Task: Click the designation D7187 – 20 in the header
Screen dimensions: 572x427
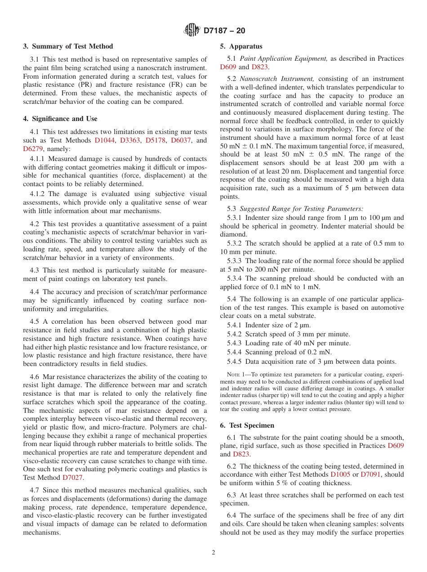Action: tap(224, 31)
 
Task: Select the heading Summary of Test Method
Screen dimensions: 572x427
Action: tap(68, 46)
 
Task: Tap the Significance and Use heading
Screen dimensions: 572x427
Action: tap(60, 119)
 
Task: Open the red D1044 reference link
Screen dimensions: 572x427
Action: tap(104, 140)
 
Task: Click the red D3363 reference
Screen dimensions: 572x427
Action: tap(130, 140)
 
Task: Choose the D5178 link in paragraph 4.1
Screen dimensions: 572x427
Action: tap(156, 140)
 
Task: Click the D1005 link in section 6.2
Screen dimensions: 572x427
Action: tap(340, 474)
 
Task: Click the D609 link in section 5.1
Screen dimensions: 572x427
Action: tap(228, 67)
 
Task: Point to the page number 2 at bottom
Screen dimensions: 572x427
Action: tap(213, 553)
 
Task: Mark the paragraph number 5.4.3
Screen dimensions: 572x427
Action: tap(234, 343)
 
